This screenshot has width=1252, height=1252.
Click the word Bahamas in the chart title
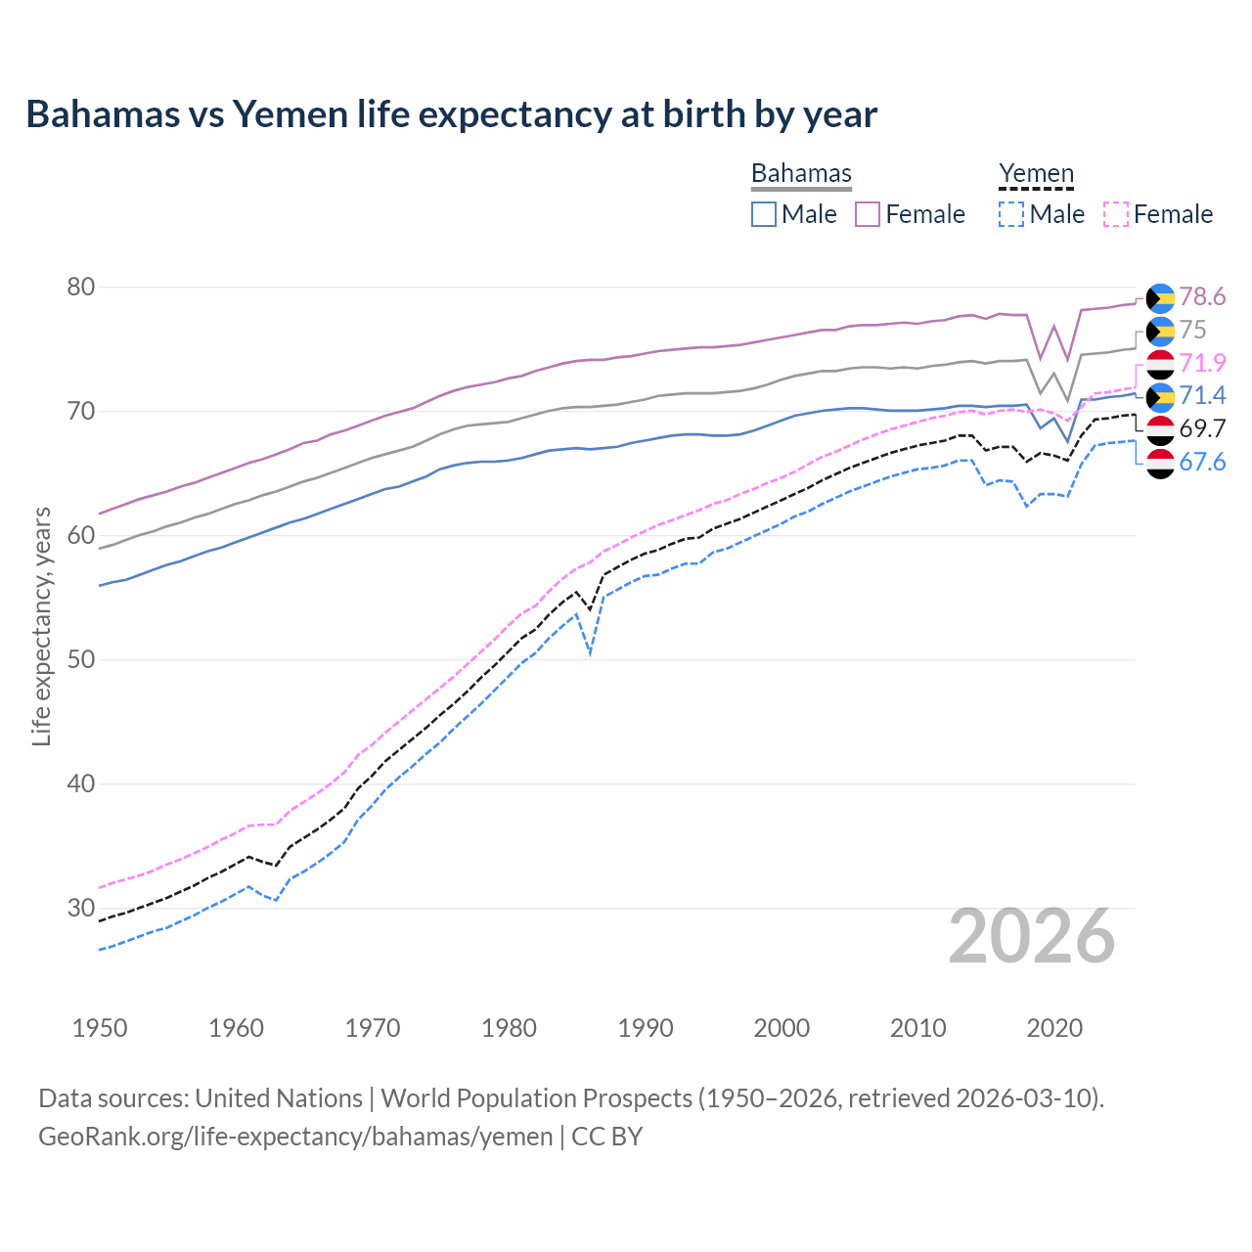103,114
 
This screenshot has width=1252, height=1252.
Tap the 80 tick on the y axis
81,288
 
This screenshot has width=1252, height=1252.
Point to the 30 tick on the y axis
81,908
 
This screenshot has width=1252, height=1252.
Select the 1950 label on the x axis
100,1028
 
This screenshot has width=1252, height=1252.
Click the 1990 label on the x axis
646,1028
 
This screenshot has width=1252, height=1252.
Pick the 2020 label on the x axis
1054,1028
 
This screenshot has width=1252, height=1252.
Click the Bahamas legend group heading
801,174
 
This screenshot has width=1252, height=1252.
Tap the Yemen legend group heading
1036,174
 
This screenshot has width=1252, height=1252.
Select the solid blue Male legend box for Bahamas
764,214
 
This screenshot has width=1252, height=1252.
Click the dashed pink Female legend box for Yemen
1116,214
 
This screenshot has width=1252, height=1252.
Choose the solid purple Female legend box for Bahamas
868,214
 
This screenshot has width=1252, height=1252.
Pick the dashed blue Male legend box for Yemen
1011,214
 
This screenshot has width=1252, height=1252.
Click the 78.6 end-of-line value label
1202,296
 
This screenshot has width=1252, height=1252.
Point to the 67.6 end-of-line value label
1202,462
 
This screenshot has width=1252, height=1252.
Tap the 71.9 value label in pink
1202,363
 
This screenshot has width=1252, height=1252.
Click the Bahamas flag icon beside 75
1160,331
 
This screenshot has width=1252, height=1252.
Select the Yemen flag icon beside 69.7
1160,429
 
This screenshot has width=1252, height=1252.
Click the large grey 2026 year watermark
1032,936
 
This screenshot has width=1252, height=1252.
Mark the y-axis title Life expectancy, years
42,626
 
